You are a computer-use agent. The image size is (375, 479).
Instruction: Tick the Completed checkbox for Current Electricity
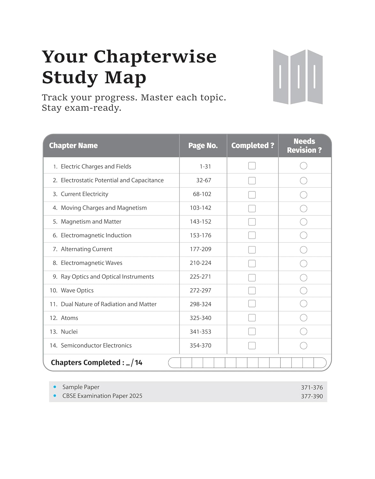click(252, 194)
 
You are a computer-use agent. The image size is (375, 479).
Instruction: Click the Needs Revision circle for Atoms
click(303, 318)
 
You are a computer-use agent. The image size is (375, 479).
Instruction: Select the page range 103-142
click(201, 208)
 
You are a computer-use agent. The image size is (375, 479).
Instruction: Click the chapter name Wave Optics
click(77, 291)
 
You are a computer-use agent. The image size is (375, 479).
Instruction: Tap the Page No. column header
click(203, 146)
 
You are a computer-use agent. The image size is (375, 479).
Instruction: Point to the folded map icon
click(298, 77)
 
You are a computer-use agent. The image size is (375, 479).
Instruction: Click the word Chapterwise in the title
click(155, 57)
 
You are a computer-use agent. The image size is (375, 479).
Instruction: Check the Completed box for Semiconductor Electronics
click(252, 346)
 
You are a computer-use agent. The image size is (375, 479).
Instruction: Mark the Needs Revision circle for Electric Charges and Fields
click(303, 166)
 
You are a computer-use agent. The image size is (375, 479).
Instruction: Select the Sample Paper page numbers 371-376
click(312, 387)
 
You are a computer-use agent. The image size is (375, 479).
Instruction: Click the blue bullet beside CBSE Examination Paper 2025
click(55, 396)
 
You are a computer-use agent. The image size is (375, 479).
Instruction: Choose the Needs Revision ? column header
click(304, 146)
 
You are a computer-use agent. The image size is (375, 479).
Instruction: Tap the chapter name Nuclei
click(69, 332)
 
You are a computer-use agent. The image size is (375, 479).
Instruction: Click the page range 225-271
click(200, 277)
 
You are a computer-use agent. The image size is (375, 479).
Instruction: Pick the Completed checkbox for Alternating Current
click(252, 250)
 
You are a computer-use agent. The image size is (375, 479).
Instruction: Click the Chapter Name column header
click(73, 146)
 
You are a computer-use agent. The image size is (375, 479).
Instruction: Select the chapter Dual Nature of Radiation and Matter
click(109, 304)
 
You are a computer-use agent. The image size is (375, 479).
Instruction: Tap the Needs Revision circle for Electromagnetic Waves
click(303, 263)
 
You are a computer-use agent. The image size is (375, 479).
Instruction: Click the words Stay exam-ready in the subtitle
click(81, 108)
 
